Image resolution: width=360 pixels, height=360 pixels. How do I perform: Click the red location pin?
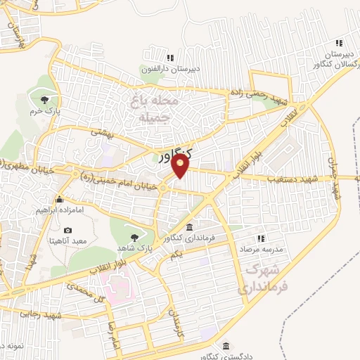click(181, 166)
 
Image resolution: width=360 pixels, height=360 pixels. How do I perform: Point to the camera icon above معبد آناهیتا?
click(67, 230)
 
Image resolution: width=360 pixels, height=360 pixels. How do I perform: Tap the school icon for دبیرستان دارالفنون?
click(169, 58)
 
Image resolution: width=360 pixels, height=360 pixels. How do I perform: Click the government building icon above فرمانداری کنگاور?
click(190, 227)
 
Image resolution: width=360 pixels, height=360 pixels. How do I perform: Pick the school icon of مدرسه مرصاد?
click(262, 239)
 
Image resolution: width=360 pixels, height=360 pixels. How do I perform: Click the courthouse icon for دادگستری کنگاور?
click(225, 347)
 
